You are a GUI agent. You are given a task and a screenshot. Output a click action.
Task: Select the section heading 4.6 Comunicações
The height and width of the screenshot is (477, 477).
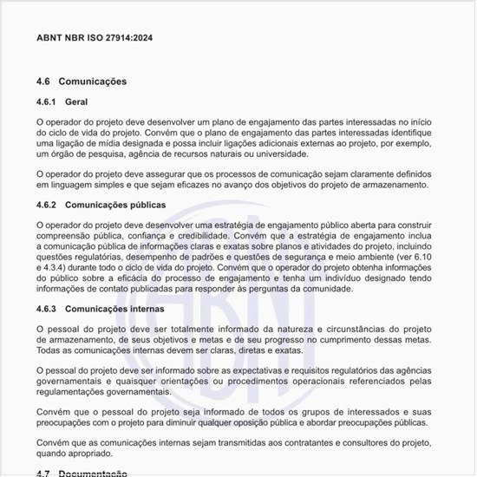82,82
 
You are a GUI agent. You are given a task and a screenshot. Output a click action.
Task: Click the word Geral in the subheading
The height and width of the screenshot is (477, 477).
76,102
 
